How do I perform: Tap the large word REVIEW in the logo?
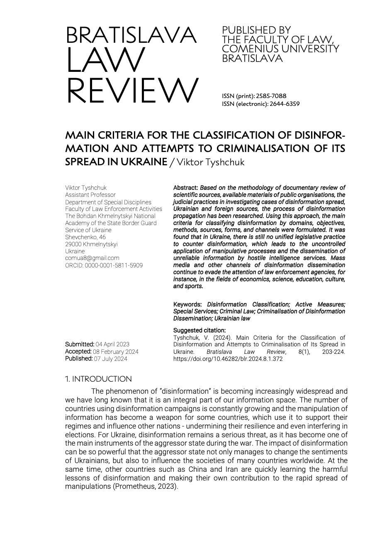point(132,91)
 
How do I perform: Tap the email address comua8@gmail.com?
point(92,258)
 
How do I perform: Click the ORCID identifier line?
point(104,265)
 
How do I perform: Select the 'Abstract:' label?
point(185,188)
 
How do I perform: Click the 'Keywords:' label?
point(187,304)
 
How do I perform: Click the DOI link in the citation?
point(228,359)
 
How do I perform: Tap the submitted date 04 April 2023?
point(112,344)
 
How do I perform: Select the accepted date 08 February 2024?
point(116,351)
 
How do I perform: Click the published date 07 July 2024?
point(110,358)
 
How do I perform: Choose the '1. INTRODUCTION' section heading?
point(98,379)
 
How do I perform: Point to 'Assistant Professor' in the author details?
point(90,195)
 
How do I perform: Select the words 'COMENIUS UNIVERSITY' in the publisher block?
point(280,49)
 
